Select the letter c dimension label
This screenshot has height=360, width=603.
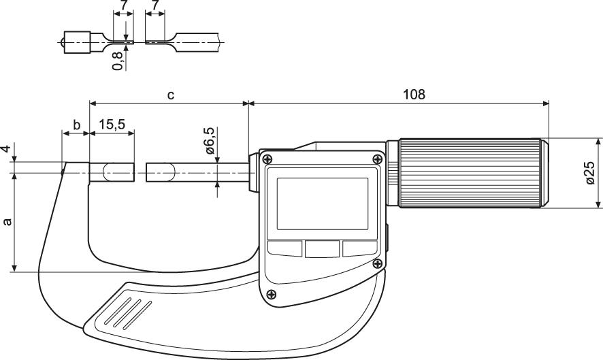[171, 95]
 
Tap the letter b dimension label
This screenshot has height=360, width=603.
[76, 125]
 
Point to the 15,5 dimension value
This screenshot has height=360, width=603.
[112, 125]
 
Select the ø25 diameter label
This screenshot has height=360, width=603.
[589, 173]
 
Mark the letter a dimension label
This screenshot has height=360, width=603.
[7, 222]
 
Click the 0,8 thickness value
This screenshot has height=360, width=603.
[119, 61]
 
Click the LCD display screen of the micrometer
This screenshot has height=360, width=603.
[322, 202]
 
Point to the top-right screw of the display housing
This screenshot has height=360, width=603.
[376, 159]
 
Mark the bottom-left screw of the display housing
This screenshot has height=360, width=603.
[272, 295]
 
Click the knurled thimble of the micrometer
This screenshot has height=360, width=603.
[470, 173]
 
